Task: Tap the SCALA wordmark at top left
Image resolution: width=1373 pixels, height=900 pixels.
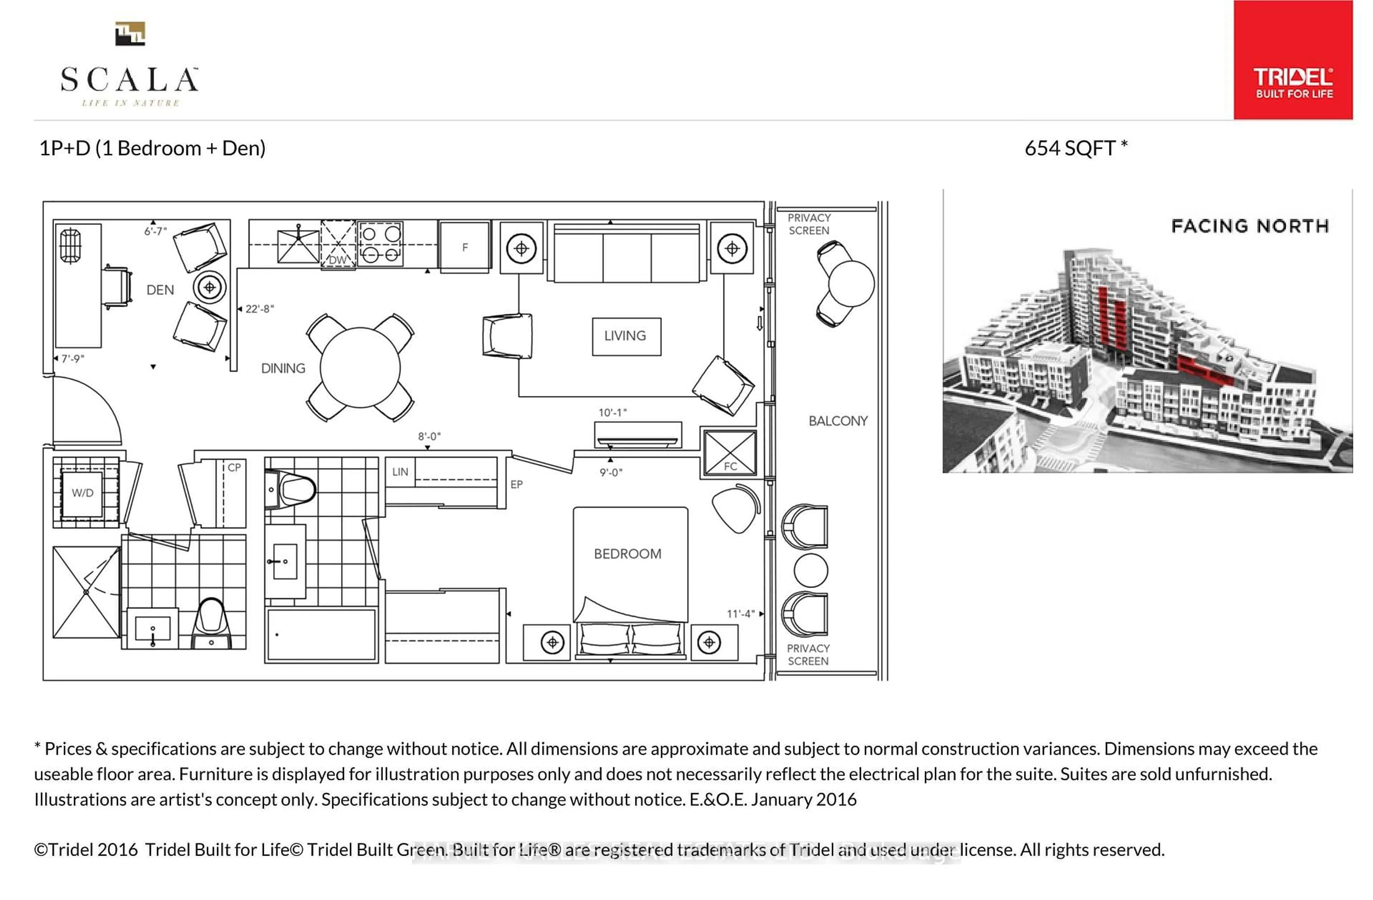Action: point(130,80)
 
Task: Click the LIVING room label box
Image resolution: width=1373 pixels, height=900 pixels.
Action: point(626,336)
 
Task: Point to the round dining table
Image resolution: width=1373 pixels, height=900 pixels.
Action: point(360,367)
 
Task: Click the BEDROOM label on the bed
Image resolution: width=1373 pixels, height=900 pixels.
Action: point(628,554)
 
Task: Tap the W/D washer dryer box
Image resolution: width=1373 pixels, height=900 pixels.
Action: point(83,493)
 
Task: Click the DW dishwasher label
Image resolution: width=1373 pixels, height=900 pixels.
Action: point(338,260)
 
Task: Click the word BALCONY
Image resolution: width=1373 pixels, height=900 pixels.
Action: point(838,421)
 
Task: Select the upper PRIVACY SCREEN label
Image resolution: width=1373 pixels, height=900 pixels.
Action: point(809,224)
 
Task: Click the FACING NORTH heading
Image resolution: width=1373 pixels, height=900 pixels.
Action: point(1250,226)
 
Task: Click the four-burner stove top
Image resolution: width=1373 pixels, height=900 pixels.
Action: point(380,243)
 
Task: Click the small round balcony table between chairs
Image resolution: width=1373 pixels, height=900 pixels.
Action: point(811,570)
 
